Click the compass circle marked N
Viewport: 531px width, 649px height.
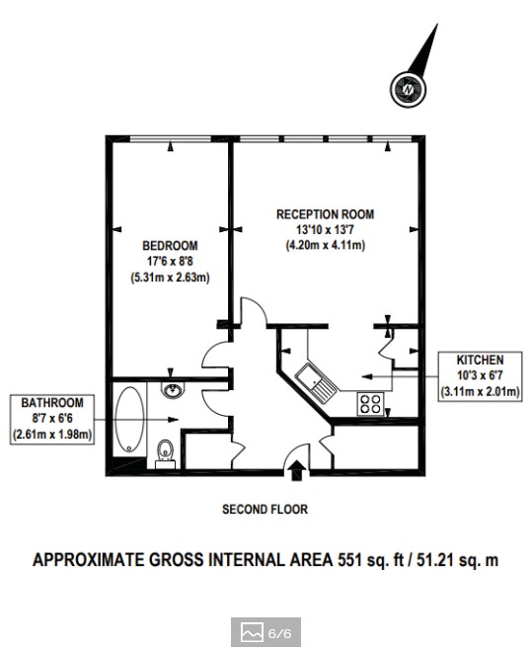(408, 89)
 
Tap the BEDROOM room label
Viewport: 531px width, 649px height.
(170, 246)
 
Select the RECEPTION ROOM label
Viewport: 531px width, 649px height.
(325, 214)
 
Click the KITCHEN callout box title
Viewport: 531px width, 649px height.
(480, 360)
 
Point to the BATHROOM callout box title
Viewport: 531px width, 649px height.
(52, 403)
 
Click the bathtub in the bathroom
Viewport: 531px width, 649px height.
(129, 419)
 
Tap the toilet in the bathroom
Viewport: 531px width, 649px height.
(166, 454)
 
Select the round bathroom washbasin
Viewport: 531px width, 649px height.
(173, 390)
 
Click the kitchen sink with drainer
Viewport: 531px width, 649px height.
(317, 382)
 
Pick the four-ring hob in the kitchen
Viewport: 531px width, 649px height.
(370, 404)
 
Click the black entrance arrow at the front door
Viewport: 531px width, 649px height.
(297, 471)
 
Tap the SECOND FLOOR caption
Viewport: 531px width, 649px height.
(265, 509)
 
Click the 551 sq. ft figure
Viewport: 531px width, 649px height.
(370, 560)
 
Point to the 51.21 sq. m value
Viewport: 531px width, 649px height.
(457, 560)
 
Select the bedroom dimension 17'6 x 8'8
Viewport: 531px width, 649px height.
(170, 262)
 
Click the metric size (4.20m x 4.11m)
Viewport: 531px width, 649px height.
(326, 245)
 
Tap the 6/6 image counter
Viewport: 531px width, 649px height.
(280, 633)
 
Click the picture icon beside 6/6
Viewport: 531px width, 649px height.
(252, 632)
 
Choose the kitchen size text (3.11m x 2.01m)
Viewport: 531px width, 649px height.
(480, 391)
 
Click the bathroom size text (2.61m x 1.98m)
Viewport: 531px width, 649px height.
(52, 435)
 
